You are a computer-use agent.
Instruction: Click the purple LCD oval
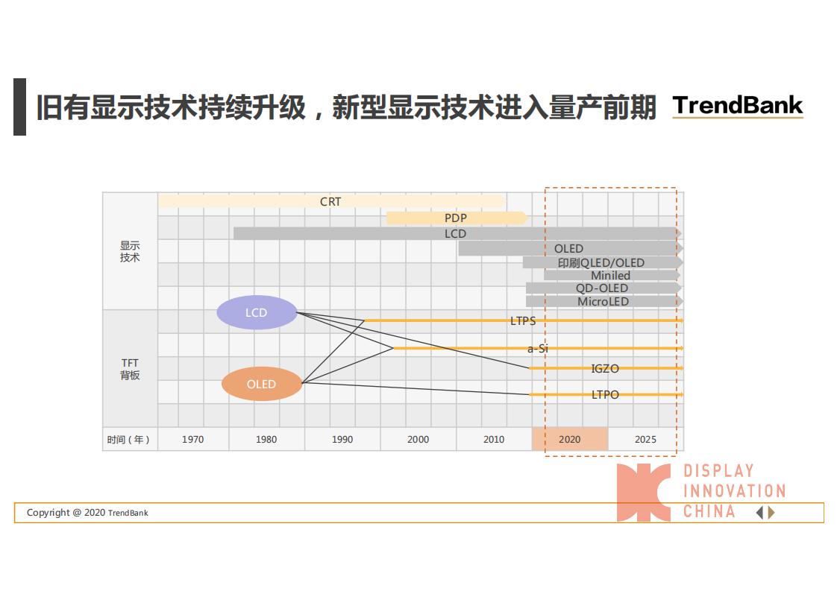257,312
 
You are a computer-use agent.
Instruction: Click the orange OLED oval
262,384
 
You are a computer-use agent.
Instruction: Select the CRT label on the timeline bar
330,202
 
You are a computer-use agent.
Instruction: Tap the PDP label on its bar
455,218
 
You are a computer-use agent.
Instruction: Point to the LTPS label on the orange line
523,320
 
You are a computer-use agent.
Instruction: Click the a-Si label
538,348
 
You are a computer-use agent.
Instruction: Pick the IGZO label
605,369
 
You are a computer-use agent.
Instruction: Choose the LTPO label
605,395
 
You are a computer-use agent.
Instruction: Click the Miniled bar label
611,275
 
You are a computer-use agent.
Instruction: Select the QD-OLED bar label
601,288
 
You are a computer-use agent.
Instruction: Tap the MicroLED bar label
604,301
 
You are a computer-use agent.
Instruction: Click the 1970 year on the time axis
192,440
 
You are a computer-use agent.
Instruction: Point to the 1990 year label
342,440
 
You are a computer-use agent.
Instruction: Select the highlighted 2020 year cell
570,439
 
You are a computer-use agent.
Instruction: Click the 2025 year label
645,440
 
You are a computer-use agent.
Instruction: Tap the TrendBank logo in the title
738,106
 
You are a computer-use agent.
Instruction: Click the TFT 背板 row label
130,369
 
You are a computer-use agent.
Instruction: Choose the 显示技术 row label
130,251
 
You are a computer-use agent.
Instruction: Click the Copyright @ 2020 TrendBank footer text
87,513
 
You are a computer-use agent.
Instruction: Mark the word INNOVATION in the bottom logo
735,490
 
